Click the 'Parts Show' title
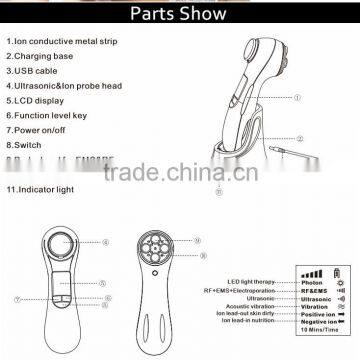(179, 17)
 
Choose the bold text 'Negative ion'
(301, 313)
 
